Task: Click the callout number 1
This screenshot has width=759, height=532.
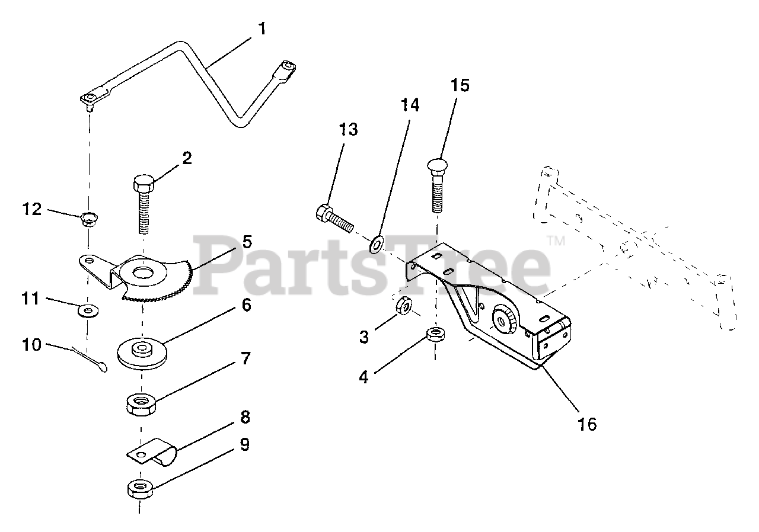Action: (261, 28)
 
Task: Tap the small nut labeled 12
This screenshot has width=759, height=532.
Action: (89, 220)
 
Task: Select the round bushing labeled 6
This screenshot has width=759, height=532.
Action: (142, 352)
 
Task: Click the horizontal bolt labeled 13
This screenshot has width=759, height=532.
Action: (334, 218)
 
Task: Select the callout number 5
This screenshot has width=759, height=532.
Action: (247, 242)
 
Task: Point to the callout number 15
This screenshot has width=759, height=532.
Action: (460, 85)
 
